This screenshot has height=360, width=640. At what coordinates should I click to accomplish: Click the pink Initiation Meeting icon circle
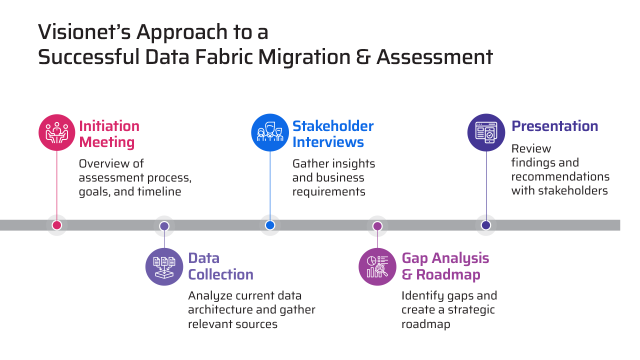point(57,132)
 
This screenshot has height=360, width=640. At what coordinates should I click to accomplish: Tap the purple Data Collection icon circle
point(164,266)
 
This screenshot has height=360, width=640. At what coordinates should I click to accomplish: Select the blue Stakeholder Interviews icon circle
point(270,132)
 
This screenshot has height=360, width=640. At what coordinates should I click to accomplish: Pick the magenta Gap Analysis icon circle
point(378,266)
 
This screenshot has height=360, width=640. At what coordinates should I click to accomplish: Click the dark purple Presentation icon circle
point(486,132)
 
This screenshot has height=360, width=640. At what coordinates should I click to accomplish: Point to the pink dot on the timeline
point(57,225)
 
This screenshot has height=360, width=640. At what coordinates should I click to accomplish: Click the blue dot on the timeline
point(270,225)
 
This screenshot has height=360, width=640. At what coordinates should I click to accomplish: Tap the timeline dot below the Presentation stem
point(486,225)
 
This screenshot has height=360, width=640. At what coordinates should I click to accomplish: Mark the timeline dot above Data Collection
point(164,226)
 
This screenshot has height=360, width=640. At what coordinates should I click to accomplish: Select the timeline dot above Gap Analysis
point(377,226)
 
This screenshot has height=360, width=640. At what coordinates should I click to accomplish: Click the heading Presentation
point(554,126)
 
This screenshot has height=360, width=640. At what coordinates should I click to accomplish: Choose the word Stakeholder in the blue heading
point(333,126)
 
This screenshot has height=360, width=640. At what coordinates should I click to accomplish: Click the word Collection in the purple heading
point(220,274)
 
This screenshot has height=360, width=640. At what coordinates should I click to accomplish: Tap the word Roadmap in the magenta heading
point(448,274)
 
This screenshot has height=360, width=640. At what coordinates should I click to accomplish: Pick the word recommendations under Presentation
point(560,176)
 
